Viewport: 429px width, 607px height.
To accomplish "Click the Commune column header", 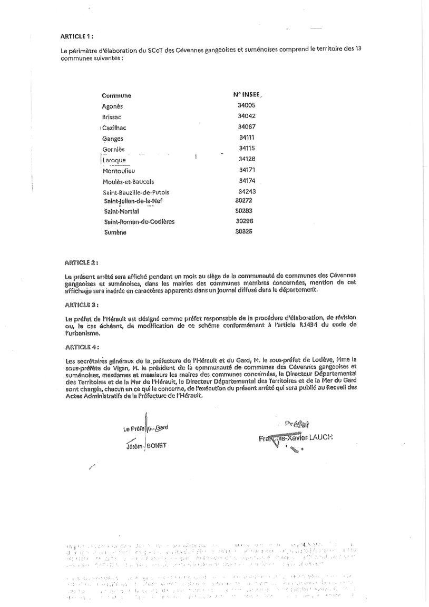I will click(x=116, y=95).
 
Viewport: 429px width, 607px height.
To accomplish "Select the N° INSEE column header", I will click(x=247, y=94).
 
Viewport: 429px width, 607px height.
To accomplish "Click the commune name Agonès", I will click(x=112, y=106).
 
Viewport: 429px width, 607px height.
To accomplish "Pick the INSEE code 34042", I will click(x=247, y=116).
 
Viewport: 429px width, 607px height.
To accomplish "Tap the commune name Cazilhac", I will click(x=114, y=128).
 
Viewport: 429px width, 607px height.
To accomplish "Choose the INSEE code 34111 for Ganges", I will click(x=247, y=138).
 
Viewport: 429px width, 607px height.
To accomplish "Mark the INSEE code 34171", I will click(x=247, y=170).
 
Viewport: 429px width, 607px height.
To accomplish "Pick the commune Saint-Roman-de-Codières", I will click(x=139, y=222).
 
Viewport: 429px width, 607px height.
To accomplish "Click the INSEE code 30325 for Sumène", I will click(x=245, y=231).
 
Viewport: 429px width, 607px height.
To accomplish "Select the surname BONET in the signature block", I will click(x=157, y=446).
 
